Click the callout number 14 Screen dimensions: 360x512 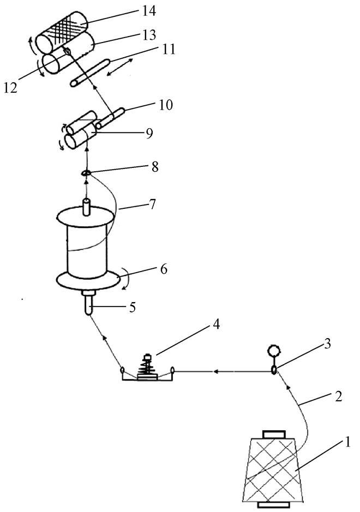coord(149,11)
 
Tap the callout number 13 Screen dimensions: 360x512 coord(149,35)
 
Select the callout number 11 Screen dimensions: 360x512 coord(169,49)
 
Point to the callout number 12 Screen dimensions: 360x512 coord(10,88)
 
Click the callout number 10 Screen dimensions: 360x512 coord(166,105)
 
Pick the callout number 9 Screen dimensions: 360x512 coord(149,133)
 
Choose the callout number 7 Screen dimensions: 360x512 coord(152,204)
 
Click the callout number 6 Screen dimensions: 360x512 coord(163,269)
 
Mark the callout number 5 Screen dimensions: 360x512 coord(132,308)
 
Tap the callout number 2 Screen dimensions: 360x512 coord(338,397)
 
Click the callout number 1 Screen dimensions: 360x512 coord(347,443)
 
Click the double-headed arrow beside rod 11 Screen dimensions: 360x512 coord(119,67)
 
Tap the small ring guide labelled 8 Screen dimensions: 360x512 coord(86,173)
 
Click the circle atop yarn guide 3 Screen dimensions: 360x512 coord(273,351)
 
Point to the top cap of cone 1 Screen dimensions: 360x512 coord(274,435)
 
